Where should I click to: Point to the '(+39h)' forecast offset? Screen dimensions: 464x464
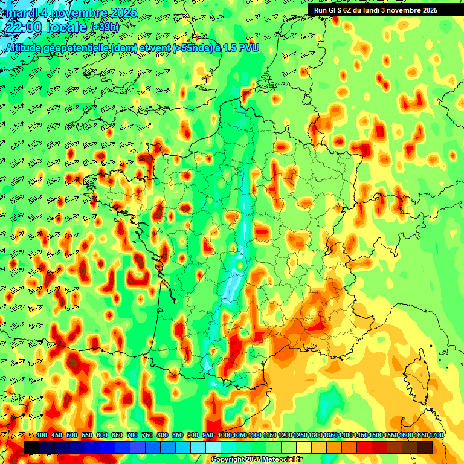(x=105, y=27)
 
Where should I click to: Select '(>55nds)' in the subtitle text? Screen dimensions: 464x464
(x=189, y=48)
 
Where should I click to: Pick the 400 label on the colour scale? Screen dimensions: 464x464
(x=42, y=436)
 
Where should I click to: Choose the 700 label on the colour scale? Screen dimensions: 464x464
(x=132, y=436)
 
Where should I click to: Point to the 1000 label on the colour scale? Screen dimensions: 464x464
(x=224, y=436)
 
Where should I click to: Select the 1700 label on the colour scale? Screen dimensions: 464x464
(x=436, y=436)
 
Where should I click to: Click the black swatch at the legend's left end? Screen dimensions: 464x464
(x=32, y=447)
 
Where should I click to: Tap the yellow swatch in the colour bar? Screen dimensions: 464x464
(x=304, y=447)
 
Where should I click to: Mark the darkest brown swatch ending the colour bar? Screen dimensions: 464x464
(x=425, y=447)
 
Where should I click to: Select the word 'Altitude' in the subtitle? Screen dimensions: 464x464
(x=25, y=48)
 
